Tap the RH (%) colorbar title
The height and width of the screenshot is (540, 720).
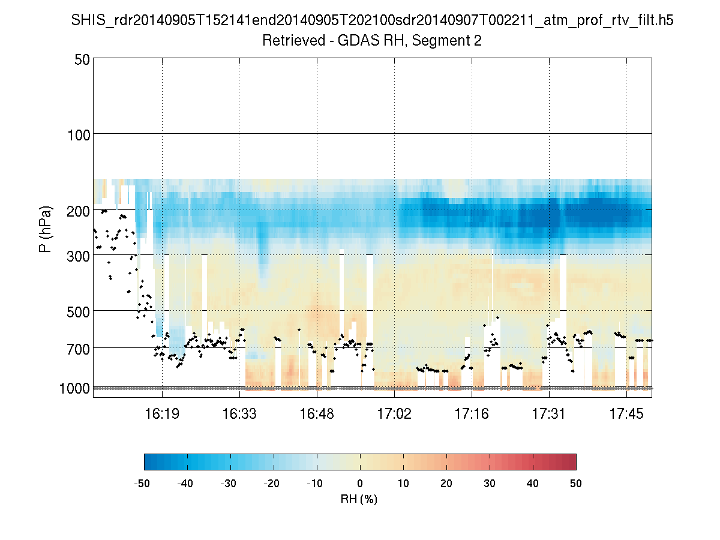[359, 499]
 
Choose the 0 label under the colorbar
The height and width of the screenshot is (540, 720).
[360, 483]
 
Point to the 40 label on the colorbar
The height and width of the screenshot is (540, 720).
[533, 483]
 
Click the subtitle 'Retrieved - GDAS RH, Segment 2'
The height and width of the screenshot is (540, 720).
[372, 41]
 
